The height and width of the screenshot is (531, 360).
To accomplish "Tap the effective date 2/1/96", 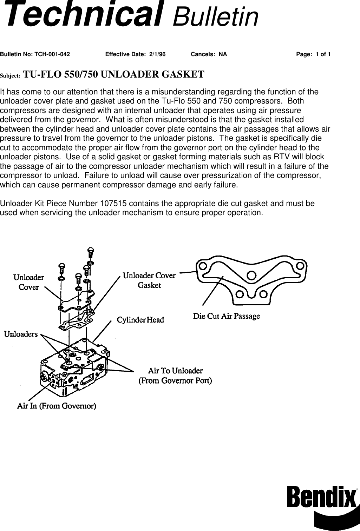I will click(x=157, y=54).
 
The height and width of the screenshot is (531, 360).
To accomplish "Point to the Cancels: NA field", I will click(x=209, y=54).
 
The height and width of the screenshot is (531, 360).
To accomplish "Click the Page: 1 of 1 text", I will click(x=313, y=54).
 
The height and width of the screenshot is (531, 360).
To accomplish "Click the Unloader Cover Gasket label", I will click(x=149, y=280).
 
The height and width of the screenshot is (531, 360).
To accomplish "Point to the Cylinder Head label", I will click(x=140, y=320).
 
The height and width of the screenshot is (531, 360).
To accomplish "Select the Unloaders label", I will click(x=21, y=334).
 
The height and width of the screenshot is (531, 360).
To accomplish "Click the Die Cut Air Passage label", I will click(x=227, y=316).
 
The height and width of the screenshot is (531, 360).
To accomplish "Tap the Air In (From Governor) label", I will click(x=57, y=406).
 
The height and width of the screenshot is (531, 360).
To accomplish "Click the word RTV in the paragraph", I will click(x=287, y=157).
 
